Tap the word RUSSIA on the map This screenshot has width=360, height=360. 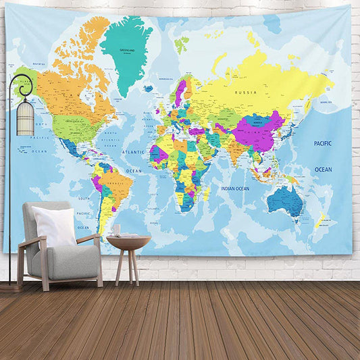[x=245, y=91]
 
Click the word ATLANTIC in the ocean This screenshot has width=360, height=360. [x=133, y=152]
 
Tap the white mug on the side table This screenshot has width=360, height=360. [x=116, y=230]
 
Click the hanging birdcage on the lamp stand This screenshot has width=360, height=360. [x=25, y=118]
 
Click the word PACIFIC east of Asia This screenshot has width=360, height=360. [x=323, y=143]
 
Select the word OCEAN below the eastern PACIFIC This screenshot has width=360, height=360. [x=324, y=170]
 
